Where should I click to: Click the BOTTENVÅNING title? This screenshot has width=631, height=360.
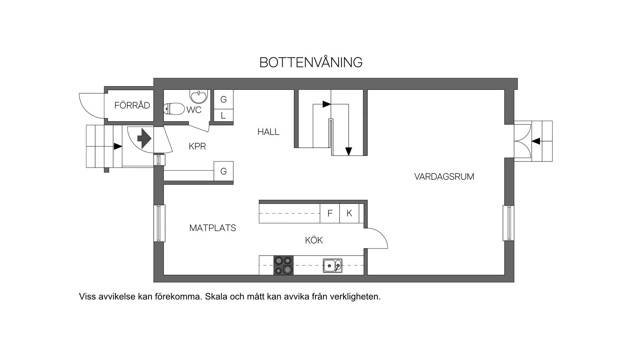click(311, 62)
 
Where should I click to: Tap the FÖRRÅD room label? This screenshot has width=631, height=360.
click(132, 106)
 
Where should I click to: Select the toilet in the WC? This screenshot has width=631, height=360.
click(174, 109)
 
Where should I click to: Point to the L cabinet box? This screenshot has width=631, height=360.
click(223, 116)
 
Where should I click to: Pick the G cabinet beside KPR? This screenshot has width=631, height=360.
click(223, 171)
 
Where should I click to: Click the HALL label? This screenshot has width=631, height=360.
click(268, 132)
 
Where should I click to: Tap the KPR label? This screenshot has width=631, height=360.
click(197, 147)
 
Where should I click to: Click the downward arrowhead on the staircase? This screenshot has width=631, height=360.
click(348, 151)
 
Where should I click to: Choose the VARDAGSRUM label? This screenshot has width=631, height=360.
click(444, 177)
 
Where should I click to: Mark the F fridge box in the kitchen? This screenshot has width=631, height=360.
click(330, 213)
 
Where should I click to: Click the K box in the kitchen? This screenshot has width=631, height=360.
click(349, 213)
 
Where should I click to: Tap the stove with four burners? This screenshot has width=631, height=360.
click(283, 265)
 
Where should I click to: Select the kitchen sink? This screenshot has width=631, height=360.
click(332, 265)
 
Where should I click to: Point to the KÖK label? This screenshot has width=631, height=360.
click(314, 240)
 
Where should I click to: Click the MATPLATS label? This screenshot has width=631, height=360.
click(213, 228)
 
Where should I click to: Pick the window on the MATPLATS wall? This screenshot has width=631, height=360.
click(159, 223)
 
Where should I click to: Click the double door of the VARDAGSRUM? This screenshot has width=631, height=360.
click(522, 141)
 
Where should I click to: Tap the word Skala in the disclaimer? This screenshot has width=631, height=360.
click(216, 297)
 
